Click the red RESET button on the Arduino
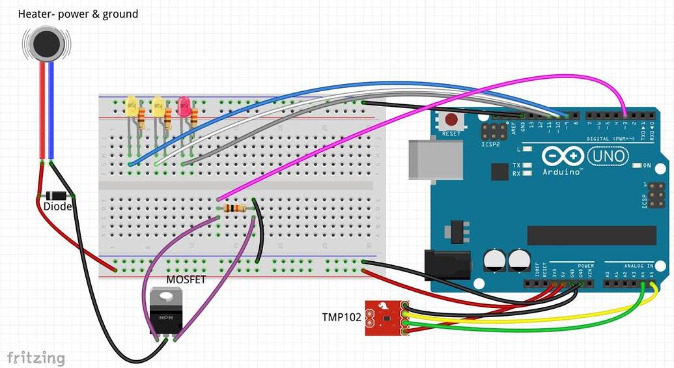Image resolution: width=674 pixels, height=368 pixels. tap(451, 120)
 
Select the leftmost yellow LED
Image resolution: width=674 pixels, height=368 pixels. tap(131, 106)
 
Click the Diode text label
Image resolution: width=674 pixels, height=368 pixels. tap(57, 206)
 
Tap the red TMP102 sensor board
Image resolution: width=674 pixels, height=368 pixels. tap(384, 317)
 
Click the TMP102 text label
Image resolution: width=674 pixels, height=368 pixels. tap(341, 317)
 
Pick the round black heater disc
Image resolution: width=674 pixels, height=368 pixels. tap(45, 43)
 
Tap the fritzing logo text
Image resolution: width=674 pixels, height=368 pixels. tap(36, 358)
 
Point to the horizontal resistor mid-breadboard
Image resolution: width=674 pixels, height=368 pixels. tap(234, 208)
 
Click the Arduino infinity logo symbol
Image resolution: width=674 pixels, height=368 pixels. tap(561, 157)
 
